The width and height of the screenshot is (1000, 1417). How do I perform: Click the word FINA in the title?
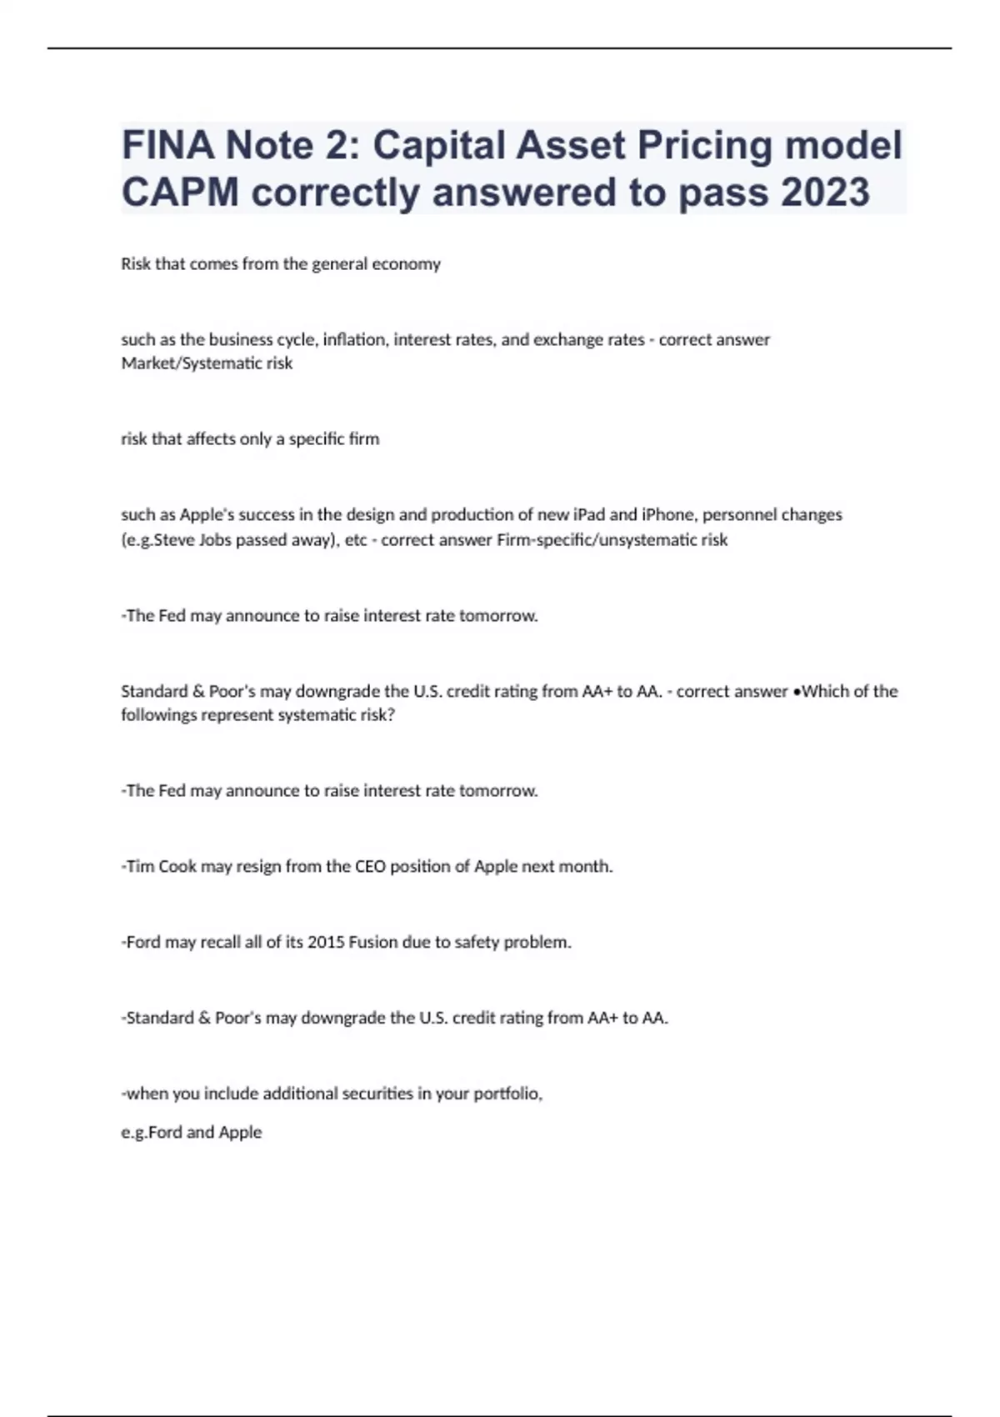[x=167, y=145]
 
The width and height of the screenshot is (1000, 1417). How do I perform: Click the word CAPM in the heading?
[x=180, y=192]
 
